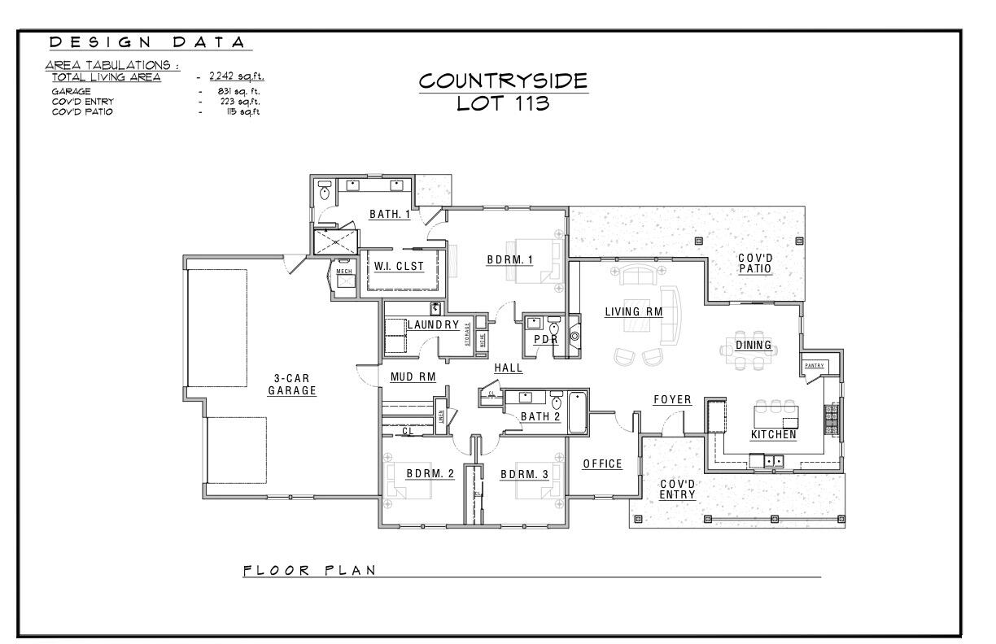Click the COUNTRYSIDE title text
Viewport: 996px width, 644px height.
pyautogui.click(x=502, y=81)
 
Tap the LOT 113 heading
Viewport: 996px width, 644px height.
pyautogui.click(x=502, y=105)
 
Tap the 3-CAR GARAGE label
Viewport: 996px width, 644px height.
pyautogui.click(x=291, y=385)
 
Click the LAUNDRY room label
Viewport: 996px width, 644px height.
pyautogui.click(x=433, y=325)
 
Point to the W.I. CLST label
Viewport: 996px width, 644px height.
pyautogui.click(x=399, y=266)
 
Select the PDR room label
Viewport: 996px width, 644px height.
pyautogui.click(x=544, y=339)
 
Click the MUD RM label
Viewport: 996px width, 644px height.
pyautogui.click(x=413, y=376)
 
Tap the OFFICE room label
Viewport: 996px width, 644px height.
pyautogui.click(x=602, y=463)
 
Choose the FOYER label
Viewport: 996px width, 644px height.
pyautogui.click(x=672, y=399)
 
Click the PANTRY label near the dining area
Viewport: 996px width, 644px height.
pyautogui.click(x=814, y=366)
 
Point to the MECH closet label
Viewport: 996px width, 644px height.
pyautogui.click(x=343, y=270)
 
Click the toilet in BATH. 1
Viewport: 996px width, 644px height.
pyautogui.click(x=325, y=192)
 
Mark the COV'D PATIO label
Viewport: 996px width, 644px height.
pyautogui.click(x=755, y=263)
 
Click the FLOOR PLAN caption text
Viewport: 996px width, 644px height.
pyautogui.click(x=309, y=570)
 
